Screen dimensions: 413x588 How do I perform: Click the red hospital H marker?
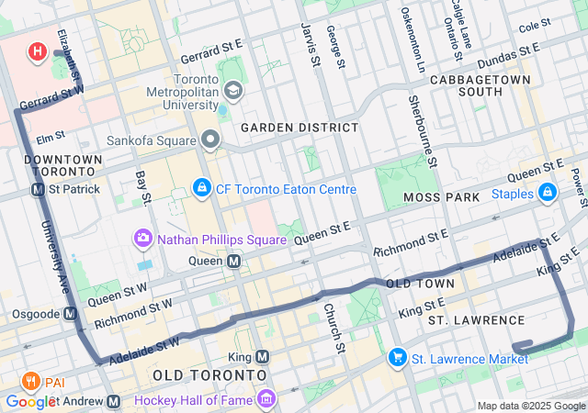(x=37, y=51)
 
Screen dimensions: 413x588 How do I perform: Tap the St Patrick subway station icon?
(x=39, y=189)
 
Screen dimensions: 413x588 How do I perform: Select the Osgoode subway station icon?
(x=71, y=313)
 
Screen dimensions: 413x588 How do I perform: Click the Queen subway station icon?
(x=234, y=261)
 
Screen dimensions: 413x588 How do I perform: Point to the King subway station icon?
(x=263, y=356)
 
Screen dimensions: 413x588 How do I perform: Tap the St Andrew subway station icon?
(x=114, y=401)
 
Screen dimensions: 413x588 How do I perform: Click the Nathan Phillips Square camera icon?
(x=142, y=240)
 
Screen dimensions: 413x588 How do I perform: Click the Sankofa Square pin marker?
(x=211, y=140)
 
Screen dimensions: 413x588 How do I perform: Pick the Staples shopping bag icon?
(x=548, y=193)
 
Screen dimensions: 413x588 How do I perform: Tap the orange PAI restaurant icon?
(x=30, y=381)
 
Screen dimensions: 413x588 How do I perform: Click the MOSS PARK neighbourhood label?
(x=447, y=197)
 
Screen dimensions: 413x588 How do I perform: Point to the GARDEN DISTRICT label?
(x=300, y=127)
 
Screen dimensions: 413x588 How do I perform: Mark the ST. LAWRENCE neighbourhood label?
(x=476, y=320)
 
